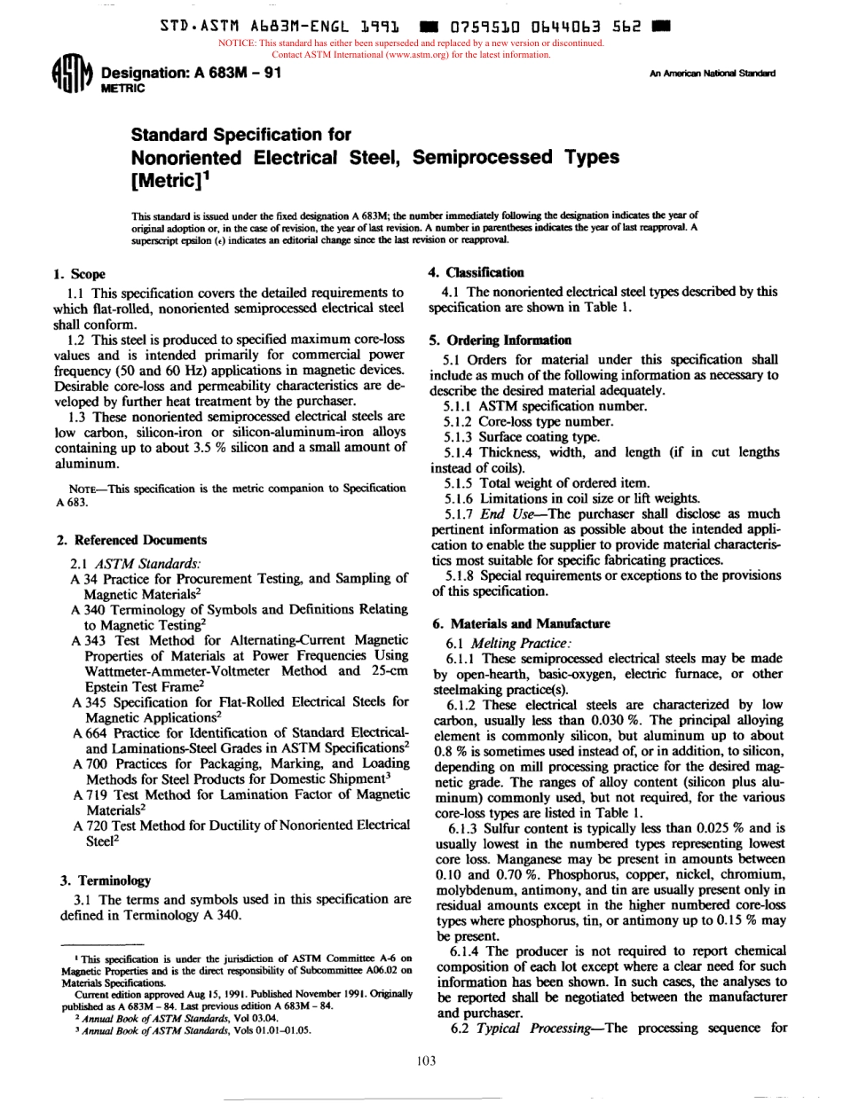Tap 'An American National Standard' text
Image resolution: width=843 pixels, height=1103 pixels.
tap(713, 74)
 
